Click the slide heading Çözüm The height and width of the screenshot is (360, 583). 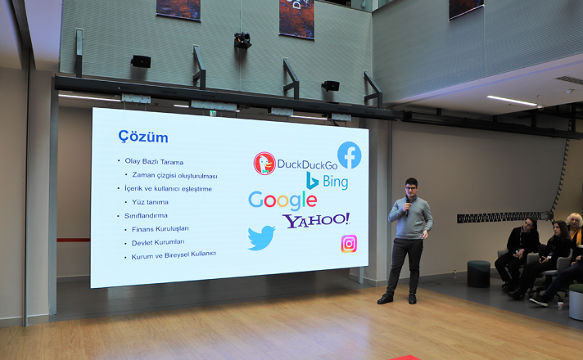click(142, 137)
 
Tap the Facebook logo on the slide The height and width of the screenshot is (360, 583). click(349, 155)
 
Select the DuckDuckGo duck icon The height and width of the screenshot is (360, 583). click(264, 163)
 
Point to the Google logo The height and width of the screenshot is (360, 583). click(282, 200)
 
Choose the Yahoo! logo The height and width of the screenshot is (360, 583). click(316, 220)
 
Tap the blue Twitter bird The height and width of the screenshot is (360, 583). click(261, 238)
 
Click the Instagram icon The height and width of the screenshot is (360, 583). click(349, 244)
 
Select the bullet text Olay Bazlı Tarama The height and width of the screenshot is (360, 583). click(154, 162)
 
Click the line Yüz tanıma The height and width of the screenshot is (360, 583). click(150, 202)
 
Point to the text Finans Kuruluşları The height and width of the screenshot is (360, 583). click(160, 229)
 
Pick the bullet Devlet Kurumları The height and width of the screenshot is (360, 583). click(158, 243)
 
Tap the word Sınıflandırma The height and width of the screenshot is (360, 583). click(146, 215)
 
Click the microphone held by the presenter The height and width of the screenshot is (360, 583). click(408, 205)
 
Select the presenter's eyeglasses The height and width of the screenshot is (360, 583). click(410, 188)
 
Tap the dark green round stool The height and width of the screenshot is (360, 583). click(478, 274)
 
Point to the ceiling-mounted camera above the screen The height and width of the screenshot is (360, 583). click(242, 40)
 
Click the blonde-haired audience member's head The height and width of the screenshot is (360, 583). click(575, 222)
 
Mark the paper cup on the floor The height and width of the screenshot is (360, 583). click(560, 305)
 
